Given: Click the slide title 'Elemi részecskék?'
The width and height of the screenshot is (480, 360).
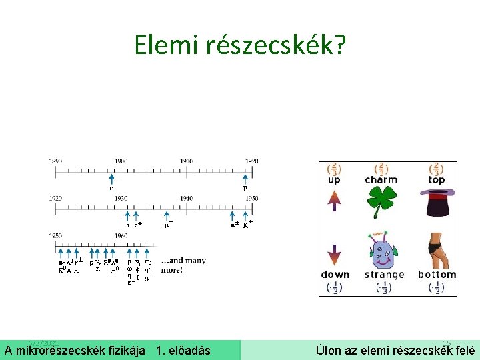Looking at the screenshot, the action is tap(240, 45).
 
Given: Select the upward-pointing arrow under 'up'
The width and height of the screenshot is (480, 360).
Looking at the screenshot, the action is tap(334, 200).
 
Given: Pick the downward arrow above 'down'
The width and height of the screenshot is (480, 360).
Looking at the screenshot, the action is tap(334, 253).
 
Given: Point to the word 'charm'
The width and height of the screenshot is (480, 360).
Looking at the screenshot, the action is tap(381, 180).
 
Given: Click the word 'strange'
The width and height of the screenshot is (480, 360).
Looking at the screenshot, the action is tap(384, 275).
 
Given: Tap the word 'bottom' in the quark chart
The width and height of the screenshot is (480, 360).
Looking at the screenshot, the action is tap(437, 275).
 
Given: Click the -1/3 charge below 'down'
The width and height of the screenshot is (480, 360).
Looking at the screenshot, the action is tap(334, 287).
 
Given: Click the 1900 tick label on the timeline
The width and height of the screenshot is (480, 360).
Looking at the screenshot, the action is tap(121, 161).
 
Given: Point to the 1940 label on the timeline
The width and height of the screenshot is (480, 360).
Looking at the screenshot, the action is tap(186, 198).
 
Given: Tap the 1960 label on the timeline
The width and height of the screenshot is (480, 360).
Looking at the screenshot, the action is tap(121, 235).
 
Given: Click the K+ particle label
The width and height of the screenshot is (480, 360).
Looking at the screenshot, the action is tap(247, 225).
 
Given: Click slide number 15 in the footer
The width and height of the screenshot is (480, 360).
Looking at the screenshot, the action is tap(447, 342).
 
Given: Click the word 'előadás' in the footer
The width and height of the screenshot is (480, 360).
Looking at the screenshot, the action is tap(189, 351).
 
